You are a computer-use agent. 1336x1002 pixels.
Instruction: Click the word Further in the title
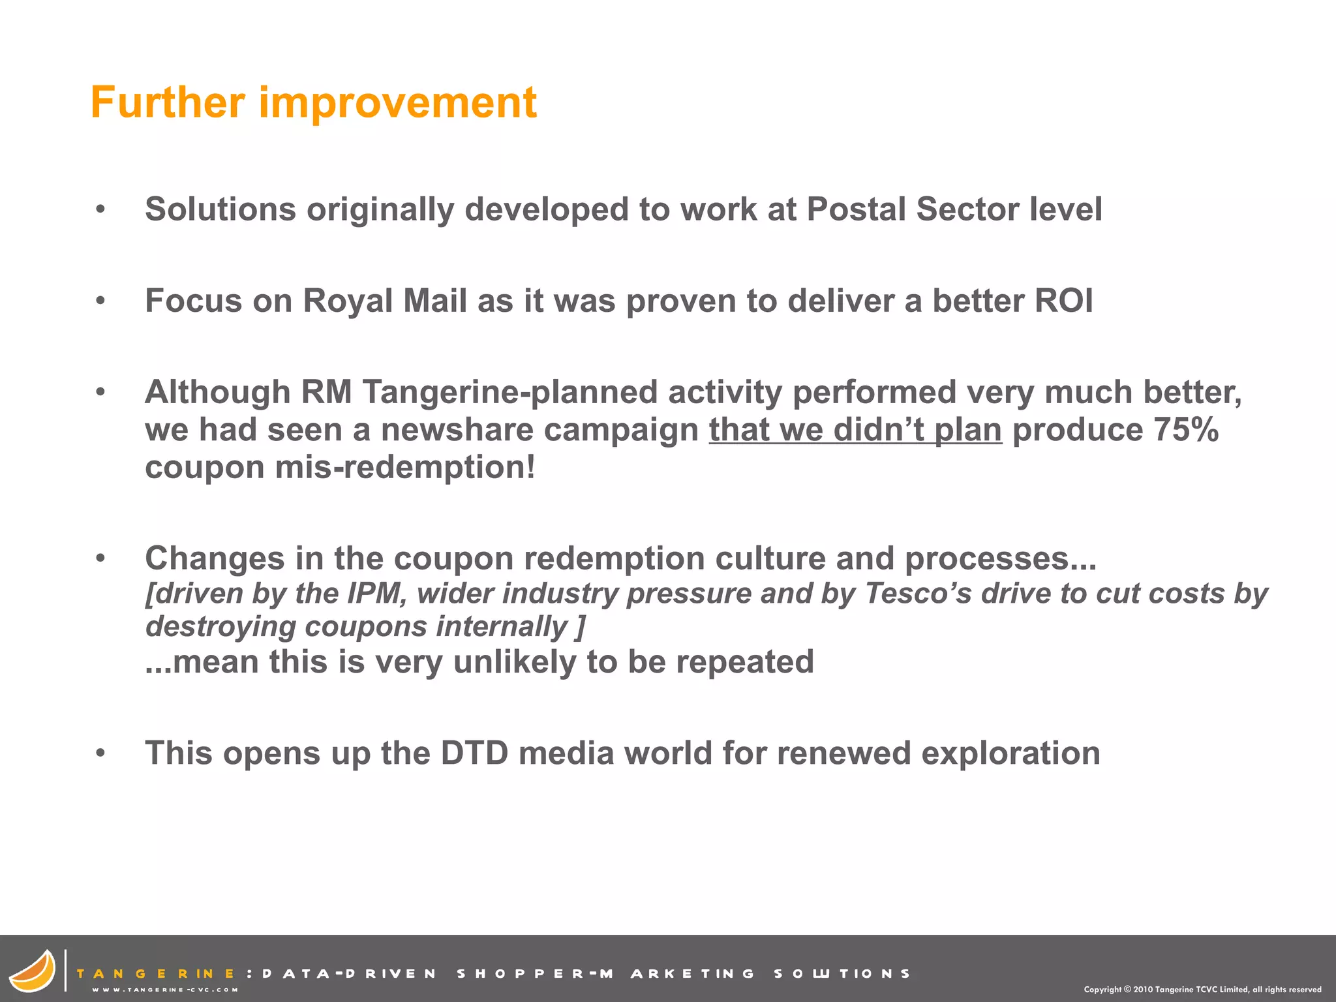pos(168,102)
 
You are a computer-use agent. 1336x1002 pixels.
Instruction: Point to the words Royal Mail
pos(384,301)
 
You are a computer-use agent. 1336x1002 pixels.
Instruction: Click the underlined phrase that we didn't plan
pos(855,430)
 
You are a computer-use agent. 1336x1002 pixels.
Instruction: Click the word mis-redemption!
pos(404,468)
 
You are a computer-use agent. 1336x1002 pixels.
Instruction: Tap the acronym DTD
pos(474,753)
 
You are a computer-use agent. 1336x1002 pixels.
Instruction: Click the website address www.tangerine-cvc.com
pos(165,990)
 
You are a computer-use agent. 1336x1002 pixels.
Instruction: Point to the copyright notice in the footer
pos(1202,990)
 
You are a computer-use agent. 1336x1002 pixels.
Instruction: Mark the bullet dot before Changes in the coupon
pos(100,558)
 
